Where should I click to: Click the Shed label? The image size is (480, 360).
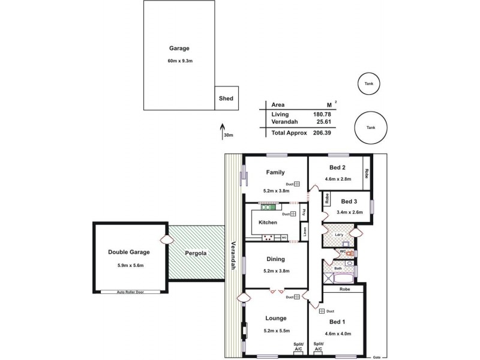[x=226, y=98]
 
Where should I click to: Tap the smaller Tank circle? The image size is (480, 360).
[x=368, y=84]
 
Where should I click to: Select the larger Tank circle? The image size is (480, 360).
[x=371, y=127]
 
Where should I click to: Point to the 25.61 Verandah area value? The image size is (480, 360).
[x=324, y=122]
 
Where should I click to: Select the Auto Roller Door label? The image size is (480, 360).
[x=129, y=292]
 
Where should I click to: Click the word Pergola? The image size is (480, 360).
[x=196, y=253]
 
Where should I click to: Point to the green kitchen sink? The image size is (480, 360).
[x=267, y=208]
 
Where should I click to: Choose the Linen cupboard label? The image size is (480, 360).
[x=305, y=232]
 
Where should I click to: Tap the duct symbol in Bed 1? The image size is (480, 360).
[x=322, y=311]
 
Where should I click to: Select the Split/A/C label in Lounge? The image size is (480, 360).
[x=298, y=346]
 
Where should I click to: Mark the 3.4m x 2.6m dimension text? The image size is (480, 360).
[x=349, y=212]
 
